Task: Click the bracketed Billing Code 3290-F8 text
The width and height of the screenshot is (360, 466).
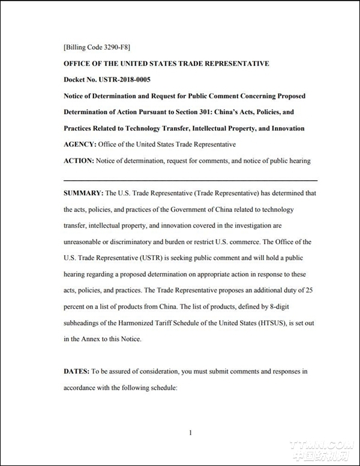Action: click(97, 47)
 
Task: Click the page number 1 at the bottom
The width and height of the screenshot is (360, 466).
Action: click(190, 432)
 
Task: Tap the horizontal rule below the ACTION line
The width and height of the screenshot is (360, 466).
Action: click(190, 180)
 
